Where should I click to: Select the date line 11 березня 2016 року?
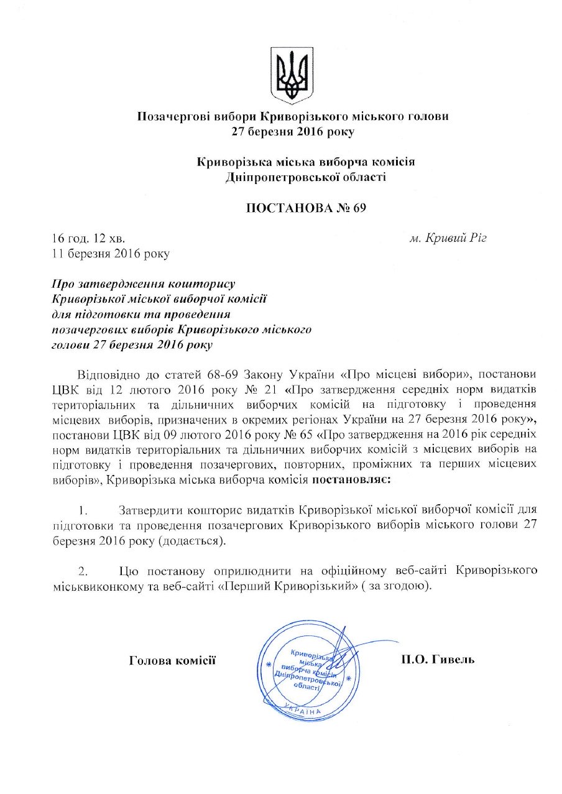pos(109,253)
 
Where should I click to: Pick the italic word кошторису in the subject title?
pos(204,284)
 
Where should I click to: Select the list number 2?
pos(83,570)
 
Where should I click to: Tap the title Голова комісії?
pos(172,659)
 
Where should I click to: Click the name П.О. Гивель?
pos(438,659)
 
